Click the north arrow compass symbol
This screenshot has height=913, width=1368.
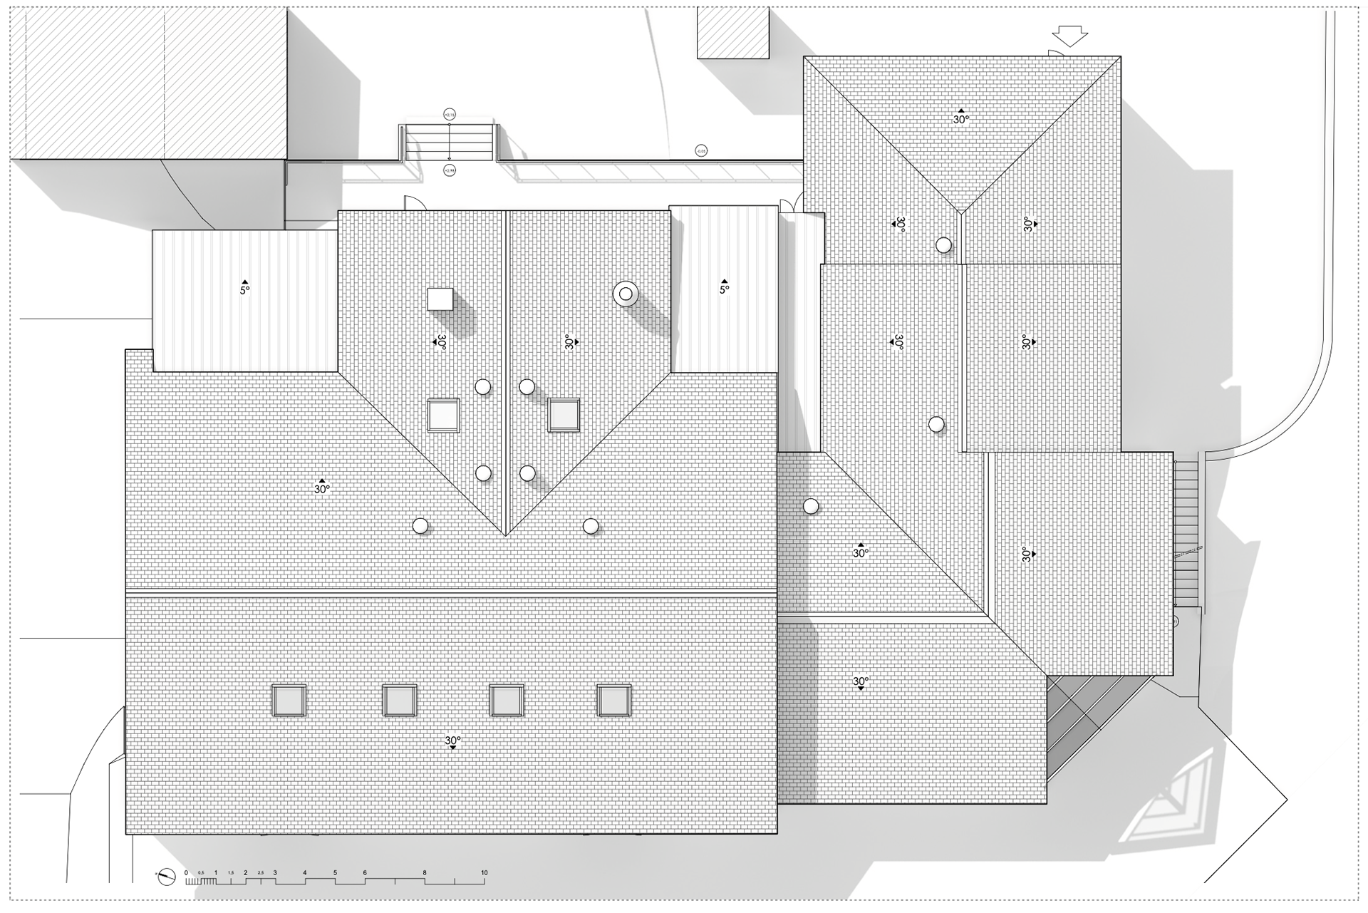tap(166, 877)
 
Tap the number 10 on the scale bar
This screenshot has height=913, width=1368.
tap(484, 872)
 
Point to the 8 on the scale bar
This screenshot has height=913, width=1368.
tap(425, 872)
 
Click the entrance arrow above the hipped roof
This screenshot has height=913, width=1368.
tap(1069, 36)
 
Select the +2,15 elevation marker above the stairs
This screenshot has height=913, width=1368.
tap(449, 114)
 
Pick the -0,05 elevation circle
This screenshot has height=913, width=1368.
tap(701, 150)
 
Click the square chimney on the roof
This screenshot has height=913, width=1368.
tap(440, 299)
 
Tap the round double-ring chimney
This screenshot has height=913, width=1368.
tap(626, 294)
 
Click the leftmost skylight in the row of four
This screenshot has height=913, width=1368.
tap(289, 701)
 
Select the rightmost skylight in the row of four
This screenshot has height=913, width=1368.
tap(613, 701)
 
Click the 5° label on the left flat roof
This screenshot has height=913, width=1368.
tap(244, 290)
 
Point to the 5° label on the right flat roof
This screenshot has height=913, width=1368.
tap(724, 289)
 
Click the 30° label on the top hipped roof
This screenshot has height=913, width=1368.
tap(961, 119)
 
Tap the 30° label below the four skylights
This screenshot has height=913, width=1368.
tap(452, 741)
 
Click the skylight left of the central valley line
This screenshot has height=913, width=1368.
tap(443, 416)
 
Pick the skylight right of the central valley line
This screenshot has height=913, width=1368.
tap(564, 416)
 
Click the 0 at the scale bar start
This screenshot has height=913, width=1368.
tap(186, 872)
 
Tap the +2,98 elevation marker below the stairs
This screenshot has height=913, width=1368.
tap(449, 170)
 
